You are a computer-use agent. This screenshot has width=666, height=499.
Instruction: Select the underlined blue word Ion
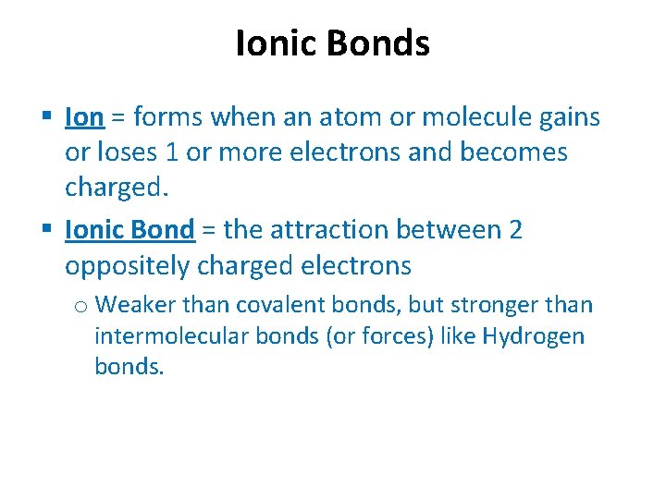[84, 117]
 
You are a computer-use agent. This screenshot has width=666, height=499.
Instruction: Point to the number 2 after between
[515, 229]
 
